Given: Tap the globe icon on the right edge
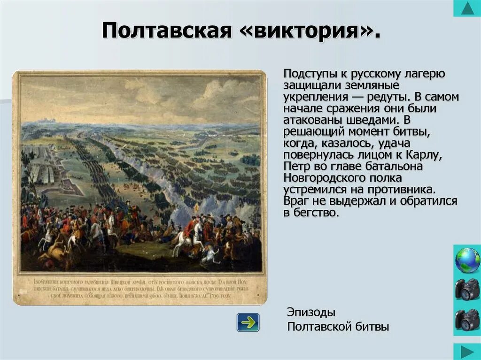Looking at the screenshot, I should [x=467, y=260].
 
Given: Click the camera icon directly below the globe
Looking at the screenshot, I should [x=467, y=290].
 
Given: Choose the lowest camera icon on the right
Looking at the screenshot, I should [x=467, y=320].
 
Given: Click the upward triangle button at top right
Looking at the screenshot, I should [x=467, y=8].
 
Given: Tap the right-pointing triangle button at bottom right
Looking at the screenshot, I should [x=467, y=352].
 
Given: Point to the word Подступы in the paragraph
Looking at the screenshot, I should [x=303, y=74].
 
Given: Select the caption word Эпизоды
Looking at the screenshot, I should [x=311, y=312].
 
